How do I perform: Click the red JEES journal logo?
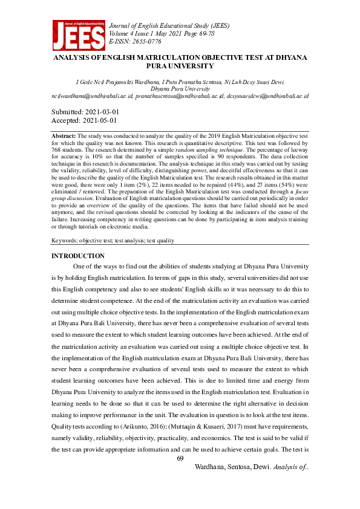click(77, 36)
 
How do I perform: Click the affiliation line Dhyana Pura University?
click(180, 88)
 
